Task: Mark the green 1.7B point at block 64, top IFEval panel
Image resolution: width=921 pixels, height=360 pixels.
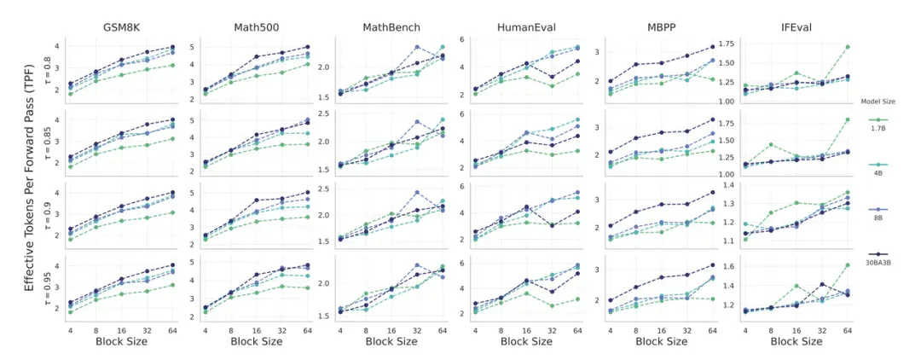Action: click(848, 46)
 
